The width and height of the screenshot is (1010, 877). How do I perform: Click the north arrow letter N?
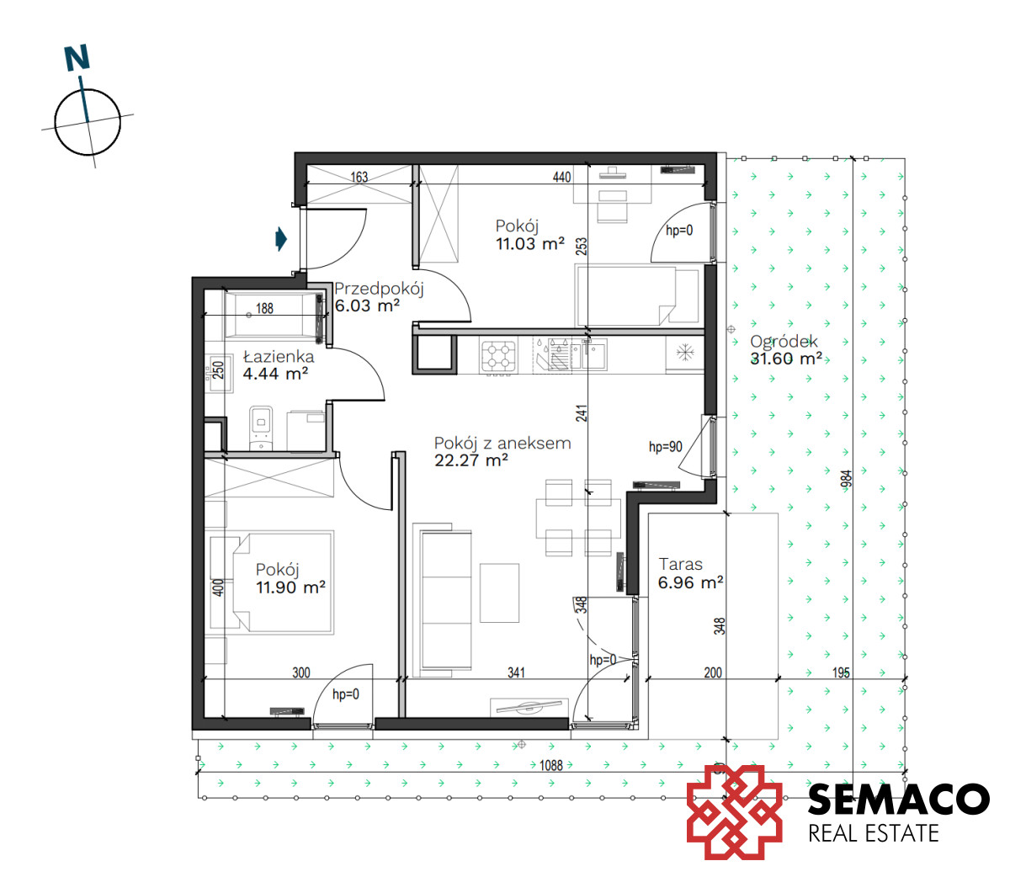coord(77,57)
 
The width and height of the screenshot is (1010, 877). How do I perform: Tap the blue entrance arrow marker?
coord(281,239)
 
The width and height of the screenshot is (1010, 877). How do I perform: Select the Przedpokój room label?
coord(379,288)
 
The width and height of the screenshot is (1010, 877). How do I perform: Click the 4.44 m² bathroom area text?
coord(275,374)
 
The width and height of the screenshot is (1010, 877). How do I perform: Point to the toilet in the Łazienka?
coord(261,428)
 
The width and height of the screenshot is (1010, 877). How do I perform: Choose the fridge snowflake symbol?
coord(685,353)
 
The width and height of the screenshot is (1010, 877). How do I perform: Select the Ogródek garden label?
coord(784,341)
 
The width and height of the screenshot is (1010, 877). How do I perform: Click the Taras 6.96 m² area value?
coord(691,582)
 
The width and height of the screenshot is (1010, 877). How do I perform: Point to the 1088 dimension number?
coord(551,765)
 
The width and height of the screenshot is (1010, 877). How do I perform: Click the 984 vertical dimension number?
coord(846,479)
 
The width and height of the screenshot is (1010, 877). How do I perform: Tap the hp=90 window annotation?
coord(666,447)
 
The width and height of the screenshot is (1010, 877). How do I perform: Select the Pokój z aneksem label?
coord(502,444)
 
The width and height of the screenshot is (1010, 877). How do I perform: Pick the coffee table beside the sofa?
coord(499,593)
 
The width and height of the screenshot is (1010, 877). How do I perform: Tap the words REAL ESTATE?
coord(874,833)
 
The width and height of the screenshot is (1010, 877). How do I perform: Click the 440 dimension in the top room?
coord(561,177)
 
